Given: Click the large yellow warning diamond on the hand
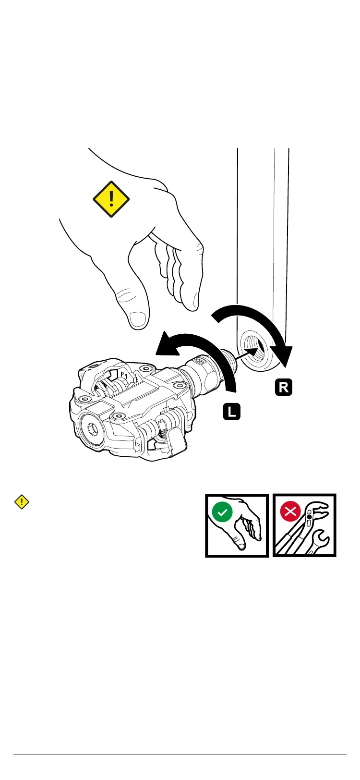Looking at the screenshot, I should pyautogui.click(x=111, y=199).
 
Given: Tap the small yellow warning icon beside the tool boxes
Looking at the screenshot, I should pyautogui.click(x=22, y=502).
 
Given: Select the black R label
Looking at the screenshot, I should pyautogui.click(x=284, y=387).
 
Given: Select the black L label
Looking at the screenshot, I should pyautogui.click(x=231, y=412).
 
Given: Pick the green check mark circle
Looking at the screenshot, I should pyautogui.click(x=221, y=512).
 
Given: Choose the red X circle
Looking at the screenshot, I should pyautogui.click(x=290, y=512).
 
